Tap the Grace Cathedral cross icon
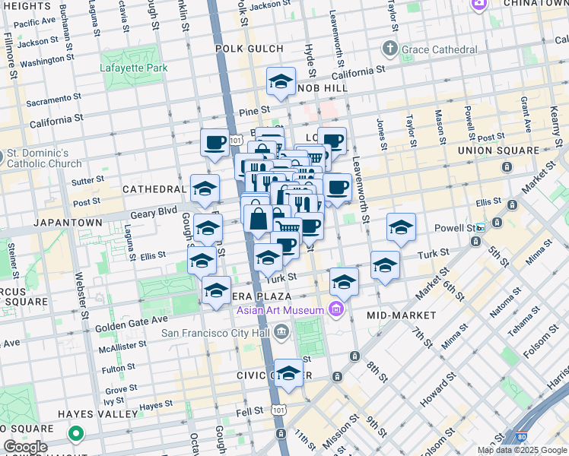point(390,49)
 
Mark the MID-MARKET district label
point(401,315)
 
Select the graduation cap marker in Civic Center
point(288,374)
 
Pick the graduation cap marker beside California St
point(281,82)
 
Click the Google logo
point(25,447)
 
